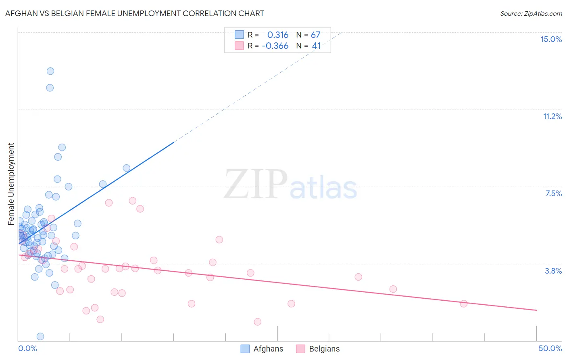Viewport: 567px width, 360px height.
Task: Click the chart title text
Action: [135, 13]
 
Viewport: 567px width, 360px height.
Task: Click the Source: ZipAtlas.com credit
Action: [531, 14]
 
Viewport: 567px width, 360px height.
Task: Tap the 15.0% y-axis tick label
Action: [551, 39]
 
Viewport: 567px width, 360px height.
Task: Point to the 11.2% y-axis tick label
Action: [552, 116]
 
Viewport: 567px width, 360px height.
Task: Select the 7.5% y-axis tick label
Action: [553, 193]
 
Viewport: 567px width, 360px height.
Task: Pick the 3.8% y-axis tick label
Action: [553, 271]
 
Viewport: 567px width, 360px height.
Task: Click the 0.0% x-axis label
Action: [27, 348]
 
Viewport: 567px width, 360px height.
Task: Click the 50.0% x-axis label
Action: [550, 348]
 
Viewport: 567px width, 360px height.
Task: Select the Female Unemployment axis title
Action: [11, 184]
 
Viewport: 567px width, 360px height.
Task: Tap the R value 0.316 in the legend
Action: [278, 35]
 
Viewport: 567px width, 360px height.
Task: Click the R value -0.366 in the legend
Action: [275, 46]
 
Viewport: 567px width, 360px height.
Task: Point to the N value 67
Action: [315, 35]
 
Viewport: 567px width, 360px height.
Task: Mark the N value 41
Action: [316, 46]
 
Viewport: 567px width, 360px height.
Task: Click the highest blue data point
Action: [50, 71]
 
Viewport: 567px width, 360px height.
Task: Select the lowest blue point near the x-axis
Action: [40, 336]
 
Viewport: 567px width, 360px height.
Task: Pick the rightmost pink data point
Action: [464, 303]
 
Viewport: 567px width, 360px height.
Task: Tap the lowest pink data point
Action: [258, 322]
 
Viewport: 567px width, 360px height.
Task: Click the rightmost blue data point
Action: [127, 168]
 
